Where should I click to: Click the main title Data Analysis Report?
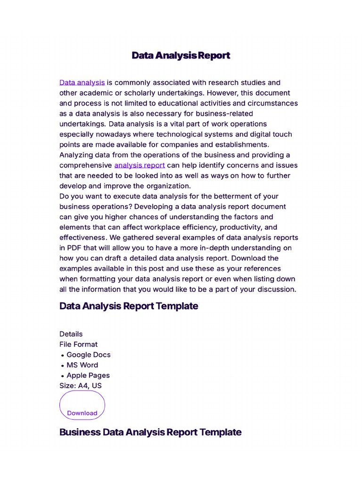(181, 56)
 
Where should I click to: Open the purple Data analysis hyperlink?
(82, 83)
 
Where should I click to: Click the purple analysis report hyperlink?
(140, 165)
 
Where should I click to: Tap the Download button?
(82, 413)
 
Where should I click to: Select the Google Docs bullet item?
(88, 355)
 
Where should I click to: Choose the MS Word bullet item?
(82, 365)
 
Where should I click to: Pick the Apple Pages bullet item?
(88, 375)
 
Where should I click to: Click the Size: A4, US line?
(81, 386)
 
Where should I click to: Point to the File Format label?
(79, 344)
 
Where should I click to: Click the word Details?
(71, 334)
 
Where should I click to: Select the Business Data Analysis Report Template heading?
(150, 432)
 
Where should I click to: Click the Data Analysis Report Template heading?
(129, 306)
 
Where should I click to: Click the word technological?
(180, 134)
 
